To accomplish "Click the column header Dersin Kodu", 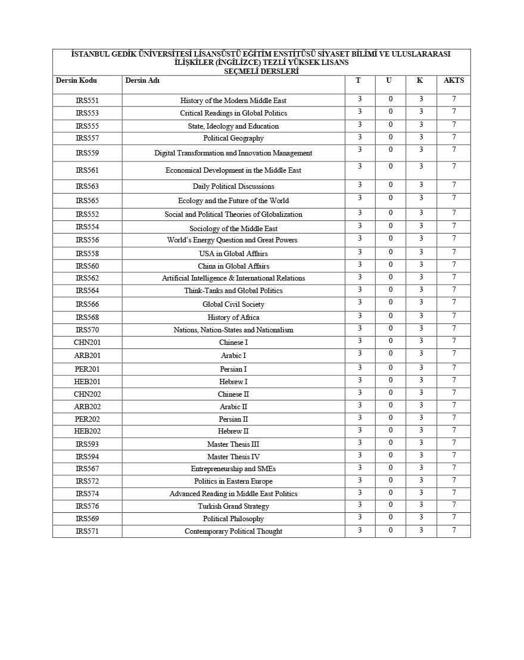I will [76, 80].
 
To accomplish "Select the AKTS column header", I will [454, 80].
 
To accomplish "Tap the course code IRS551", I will [87, 101].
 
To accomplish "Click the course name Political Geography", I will [233, 138].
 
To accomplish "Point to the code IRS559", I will [87, 153].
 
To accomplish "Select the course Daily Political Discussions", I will [233, 186].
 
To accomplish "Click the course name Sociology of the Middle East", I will [233, 229].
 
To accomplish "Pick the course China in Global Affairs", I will [233, 266].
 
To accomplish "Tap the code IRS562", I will [87, 278].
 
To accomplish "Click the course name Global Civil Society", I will [233, 304].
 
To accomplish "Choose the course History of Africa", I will [233, 317].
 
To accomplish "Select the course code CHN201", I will [87, 343].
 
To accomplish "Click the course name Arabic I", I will [233, 356].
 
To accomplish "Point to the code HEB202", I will [87, 431].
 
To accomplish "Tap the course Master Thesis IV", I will [233, 457].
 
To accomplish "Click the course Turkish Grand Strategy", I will [233, 506].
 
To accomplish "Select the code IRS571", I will [87, 531].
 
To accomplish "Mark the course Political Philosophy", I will [233, 519].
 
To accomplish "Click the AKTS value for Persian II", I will [454, 418].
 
